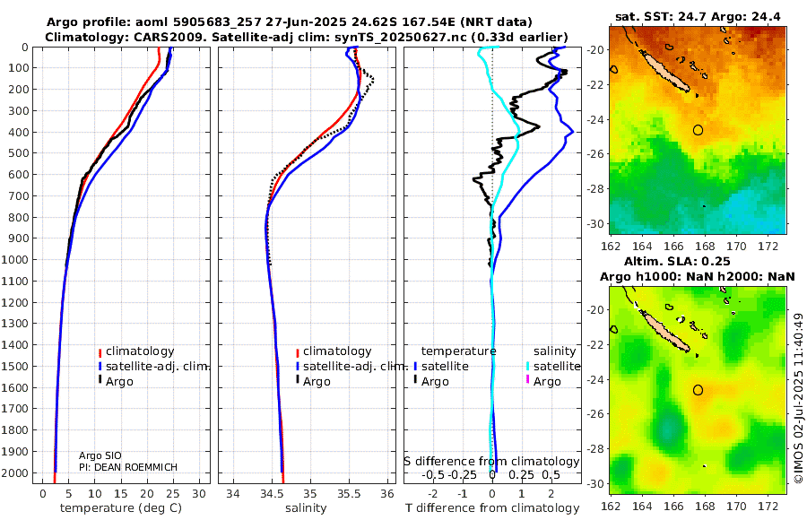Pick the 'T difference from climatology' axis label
coord(491,508)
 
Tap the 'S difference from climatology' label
coord(491,461)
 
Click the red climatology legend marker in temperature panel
coord(100,352)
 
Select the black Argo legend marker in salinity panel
coord(297,382)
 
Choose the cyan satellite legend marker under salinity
coord(526,367)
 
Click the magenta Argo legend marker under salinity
coord(526,382)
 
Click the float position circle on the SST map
coord(699,130)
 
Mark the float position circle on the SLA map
coord(699,390)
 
